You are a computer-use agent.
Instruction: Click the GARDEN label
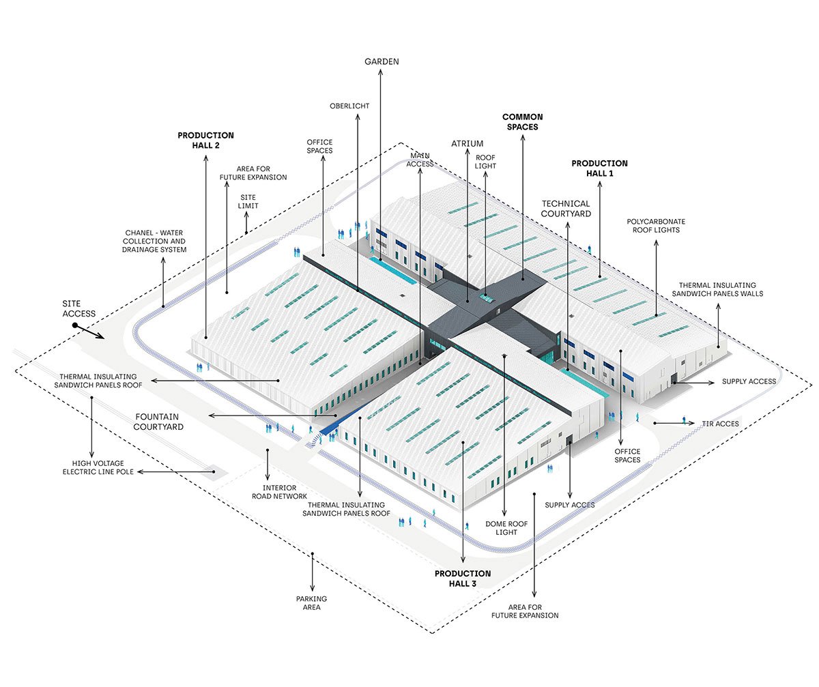click(382, 61)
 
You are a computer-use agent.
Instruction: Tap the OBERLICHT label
click(349, 106)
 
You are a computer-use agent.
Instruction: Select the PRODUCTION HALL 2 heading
click(205, 141)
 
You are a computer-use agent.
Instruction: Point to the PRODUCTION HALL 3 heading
click(463, 579)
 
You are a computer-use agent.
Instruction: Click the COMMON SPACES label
click(523, 122)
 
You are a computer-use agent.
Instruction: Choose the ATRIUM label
click(467, 143)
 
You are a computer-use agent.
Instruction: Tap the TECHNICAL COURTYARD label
click(566, 209)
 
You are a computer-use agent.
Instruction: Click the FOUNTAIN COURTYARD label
click(158, 422)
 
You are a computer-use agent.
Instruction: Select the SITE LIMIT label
click(248, 201)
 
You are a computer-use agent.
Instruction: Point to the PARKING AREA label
click(311, 602)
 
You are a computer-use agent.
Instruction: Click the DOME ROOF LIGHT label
click(506, 528)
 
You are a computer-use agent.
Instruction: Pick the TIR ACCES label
click(720, 424)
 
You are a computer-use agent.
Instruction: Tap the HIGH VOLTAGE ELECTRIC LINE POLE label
click(98, 467)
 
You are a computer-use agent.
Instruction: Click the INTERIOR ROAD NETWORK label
click(279, 492)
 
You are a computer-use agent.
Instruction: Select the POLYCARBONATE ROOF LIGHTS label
click(656, 226)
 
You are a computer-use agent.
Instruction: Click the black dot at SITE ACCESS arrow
click(75, 325)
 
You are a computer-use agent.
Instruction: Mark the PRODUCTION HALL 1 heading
click(599, 169)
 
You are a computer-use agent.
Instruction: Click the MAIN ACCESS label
click(420, 160)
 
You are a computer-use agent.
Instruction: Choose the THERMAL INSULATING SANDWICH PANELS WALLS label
click(717, 289)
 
